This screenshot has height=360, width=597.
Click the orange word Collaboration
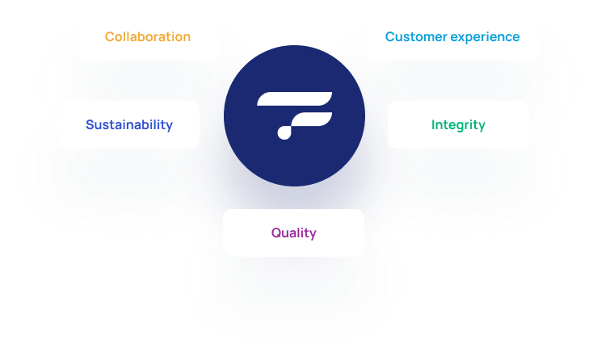(148, 37)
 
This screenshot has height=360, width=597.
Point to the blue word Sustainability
(129, 125)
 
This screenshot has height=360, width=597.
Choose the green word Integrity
(458, 125)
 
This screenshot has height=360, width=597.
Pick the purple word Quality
(293, 233)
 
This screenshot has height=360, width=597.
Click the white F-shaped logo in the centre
(293, 115)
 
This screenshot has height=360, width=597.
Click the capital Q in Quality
(275, 233)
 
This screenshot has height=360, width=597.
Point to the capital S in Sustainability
(90, 125)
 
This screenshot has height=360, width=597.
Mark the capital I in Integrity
(433, 125)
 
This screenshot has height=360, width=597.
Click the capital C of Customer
(389, 37)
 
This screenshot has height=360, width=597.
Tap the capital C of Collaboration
(109, 37)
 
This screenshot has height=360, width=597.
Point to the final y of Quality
(313, 235)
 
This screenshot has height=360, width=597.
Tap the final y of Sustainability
(170, 127)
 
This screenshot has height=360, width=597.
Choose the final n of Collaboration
(187, 38)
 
